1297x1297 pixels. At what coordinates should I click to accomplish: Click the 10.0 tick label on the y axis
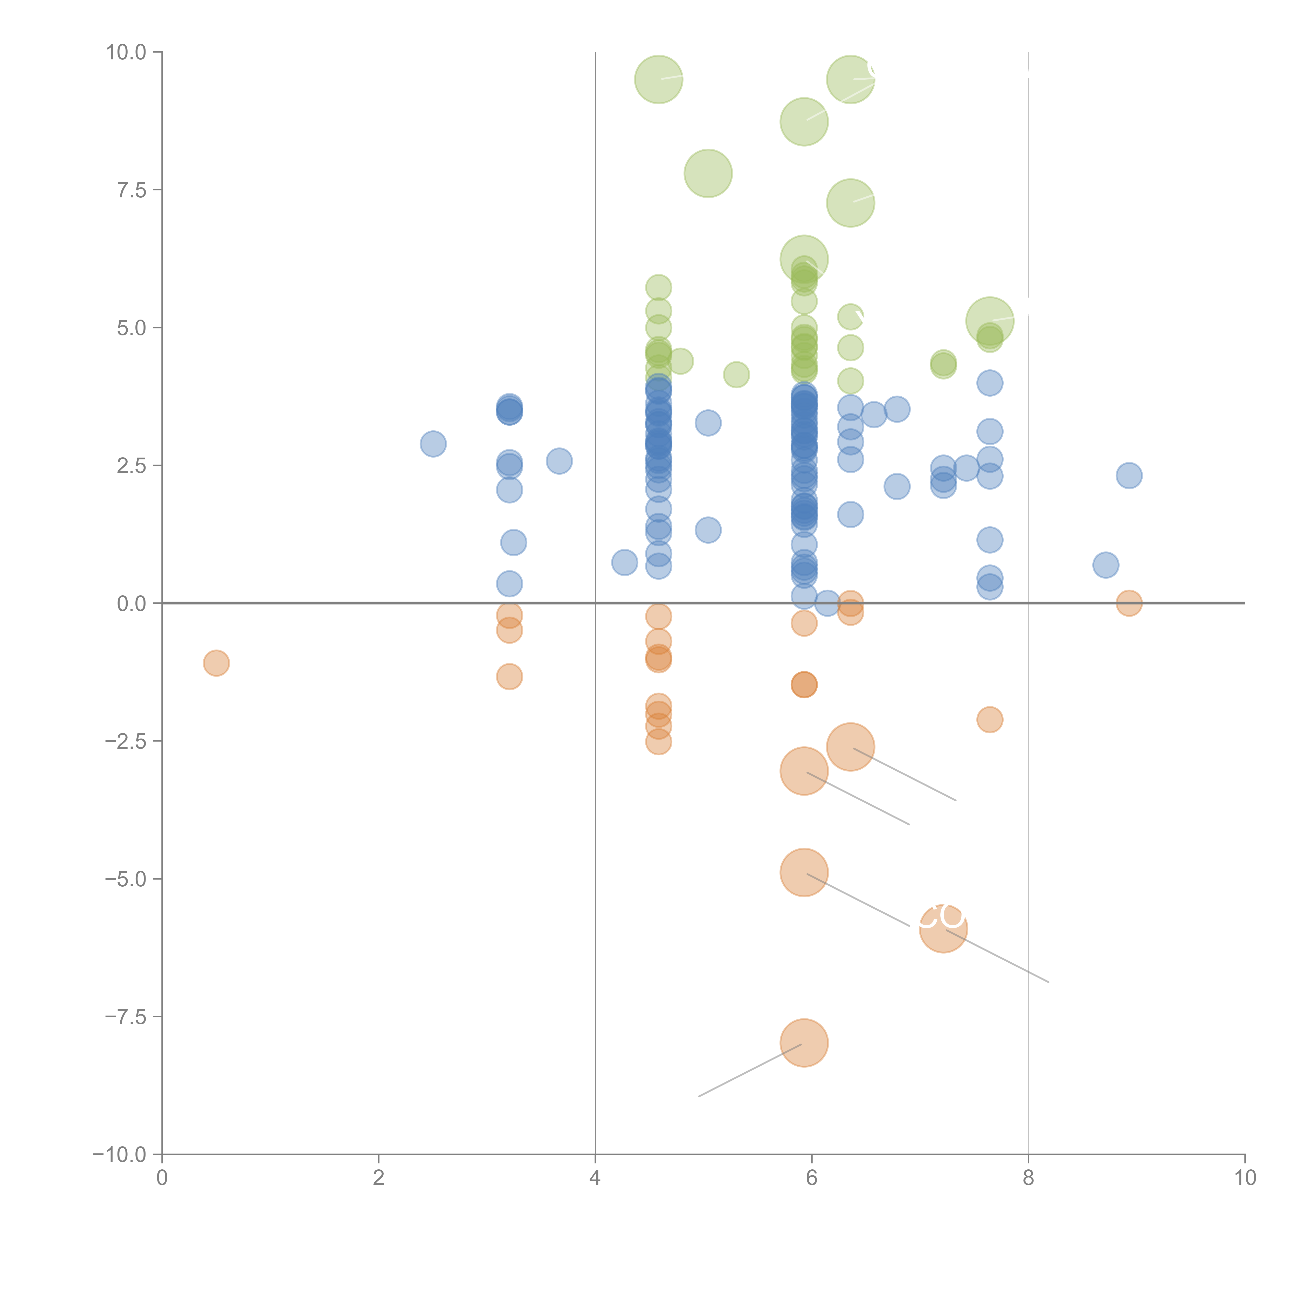(x=126, y=52)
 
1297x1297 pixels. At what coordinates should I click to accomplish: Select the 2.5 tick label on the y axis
(x=132, y=466)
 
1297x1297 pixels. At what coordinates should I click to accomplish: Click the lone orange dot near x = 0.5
(x=216, y=663)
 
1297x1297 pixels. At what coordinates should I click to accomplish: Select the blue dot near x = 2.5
(x=433, y=444)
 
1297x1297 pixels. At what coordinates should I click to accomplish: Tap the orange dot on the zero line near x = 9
(x=1129, y=603)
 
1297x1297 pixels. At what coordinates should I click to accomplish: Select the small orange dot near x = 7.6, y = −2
(x=990, y=720)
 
